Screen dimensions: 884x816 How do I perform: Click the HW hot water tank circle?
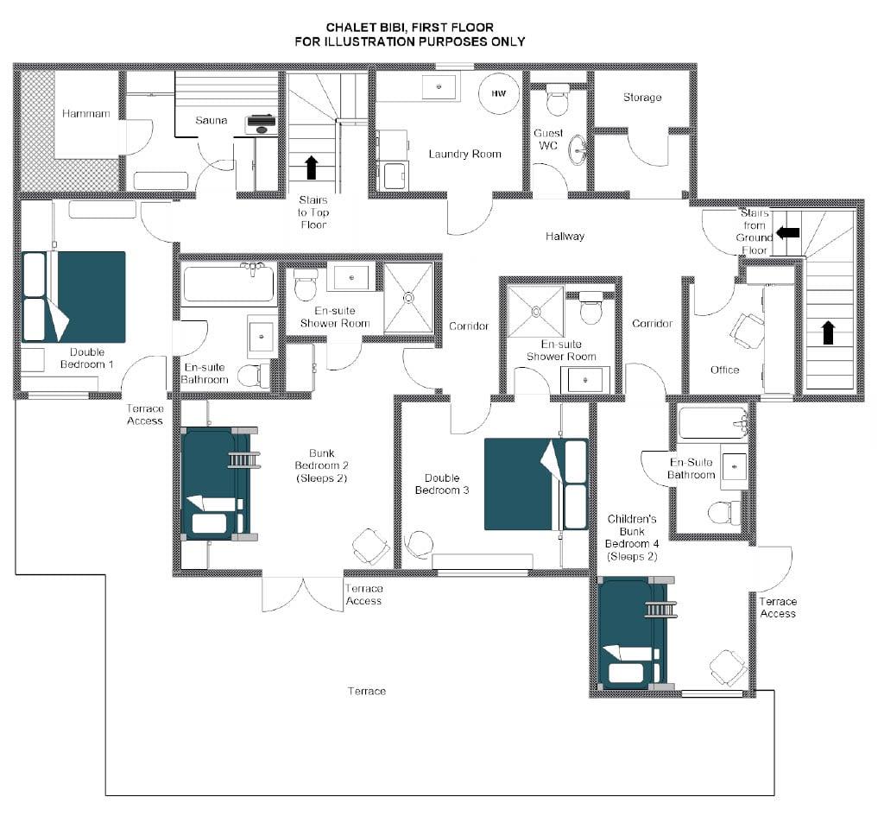[498, 93]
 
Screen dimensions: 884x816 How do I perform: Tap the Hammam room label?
[85, 113]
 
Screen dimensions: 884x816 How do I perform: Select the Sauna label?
[211, 120]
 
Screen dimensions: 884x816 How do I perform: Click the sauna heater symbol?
[261, 124]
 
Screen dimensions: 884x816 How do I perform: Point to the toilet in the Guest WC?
[559, 99]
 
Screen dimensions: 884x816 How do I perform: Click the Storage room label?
[642, 98]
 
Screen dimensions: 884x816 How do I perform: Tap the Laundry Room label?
[464, 154]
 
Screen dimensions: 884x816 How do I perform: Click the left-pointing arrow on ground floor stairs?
[787, 232]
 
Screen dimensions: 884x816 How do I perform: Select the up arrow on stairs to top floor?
[311, 168]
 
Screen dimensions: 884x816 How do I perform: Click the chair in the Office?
[747, 328]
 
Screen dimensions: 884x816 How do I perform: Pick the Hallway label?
[565, 237]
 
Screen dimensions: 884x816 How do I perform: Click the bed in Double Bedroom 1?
[73, 297]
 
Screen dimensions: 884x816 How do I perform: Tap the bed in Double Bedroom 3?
[536, 484]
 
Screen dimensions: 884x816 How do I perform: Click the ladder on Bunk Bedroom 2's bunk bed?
[244, 459]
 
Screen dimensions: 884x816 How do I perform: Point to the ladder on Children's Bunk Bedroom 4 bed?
[660, 610]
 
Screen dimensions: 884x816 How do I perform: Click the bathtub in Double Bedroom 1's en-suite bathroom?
[229, 283]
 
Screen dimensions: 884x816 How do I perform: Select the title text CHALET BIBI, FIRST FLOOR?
[410, 27]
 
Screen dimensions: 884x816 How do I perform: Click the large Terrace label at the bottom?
[366, 691]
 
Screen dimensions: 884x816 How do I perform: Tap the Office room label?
[724, 370]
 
